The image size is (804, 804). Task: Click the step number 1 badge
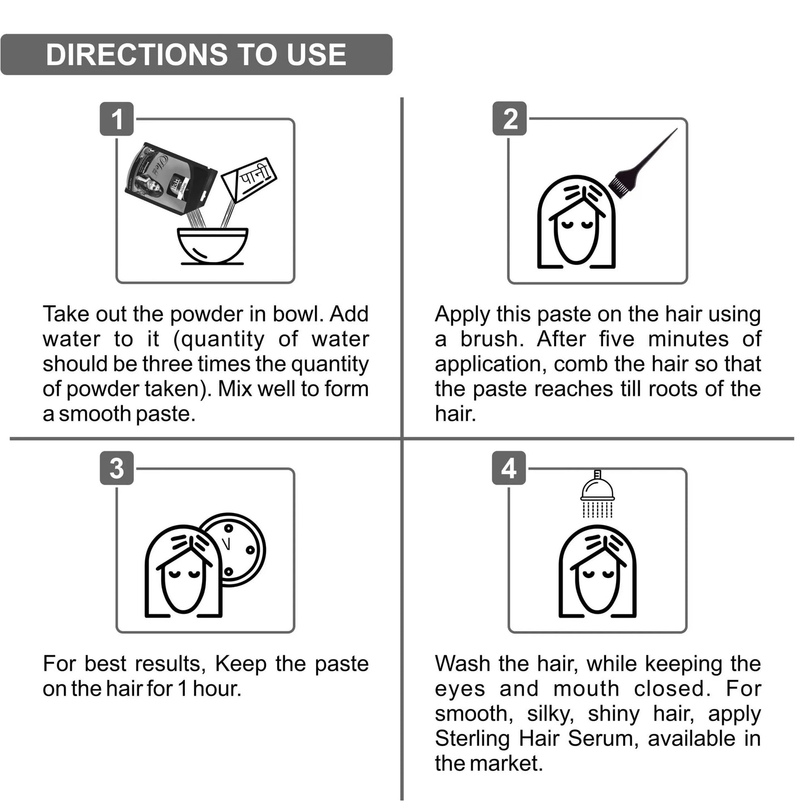click(x=117, y=119)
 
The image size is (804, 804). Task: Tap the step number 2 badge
click(x=510, y=119)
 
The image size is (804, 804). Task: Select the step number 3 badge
click(x=117, y=468)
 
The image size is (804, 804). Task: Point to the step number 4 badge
click(x=509, y=468)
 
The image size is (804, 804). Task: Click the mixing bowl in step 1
click(x=213, y=246)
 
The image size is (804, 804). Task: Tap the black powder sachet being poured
click(x=170, y=179)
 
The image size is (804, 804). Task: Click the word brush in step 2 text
click(x=492, y=339)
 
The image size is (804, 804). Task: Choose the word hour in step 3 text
click(x=218, y=688)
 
